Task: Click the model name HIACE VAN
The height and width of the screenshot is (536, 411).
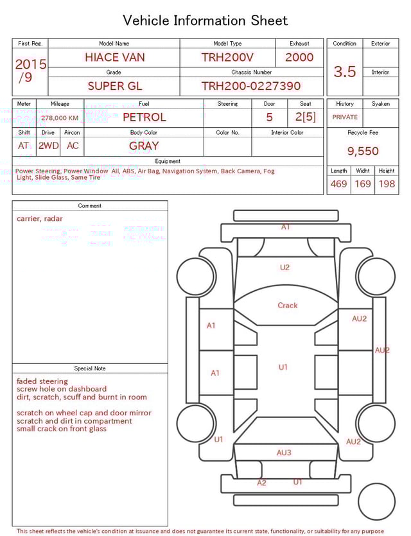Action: pos(114,57)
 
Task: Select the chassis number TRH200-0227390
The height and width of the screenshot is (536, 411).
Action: pos(250,86)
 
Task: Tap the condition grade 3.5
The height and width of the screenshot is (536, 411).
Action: pos(345,71)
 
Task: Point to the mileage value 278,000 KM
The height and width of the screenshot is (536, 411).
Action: pos(60,118)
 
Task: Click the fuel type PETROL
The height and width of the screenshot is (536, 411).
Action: pos(144,117)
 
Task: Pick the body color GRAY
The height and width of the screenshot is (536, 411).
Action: pos(144,146)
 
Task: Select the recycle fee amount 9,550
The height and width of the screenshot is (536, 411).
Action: pos(363,151)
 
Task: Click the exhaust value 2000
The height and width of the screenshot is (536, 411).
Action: pos(299,57)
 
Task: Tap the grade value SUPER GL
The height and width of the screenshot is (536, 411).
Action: pos(114,86)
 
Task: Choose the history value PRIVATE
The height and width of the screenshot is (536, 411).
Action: pos(345,117)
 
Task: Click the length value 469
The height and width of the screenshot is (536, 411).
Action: pos(338,184)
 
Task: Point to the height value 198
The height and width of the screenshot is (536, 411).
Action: pos(387,184)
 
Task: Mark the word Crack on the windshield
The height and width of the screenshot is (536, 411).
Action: pos(287,306)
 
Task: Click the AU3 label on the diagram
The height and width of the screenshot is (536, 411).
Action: pos(284,453)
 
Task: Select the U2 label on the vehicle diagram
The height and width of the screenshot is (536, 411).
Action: pos(284,268)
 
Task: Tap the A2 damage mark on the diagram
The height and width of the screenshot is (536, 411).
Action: pos(261,483)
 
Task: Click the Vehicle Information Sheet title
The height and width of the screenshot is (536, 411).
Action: pos(205,21)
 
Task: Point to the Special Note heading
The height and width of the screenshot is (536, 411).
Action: pos(90,368)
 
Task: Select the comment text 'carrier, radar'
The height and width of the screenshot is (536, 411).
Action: pos(40,218)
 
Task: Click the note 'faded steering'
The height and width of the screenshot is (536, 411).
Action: pos(42,381)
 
